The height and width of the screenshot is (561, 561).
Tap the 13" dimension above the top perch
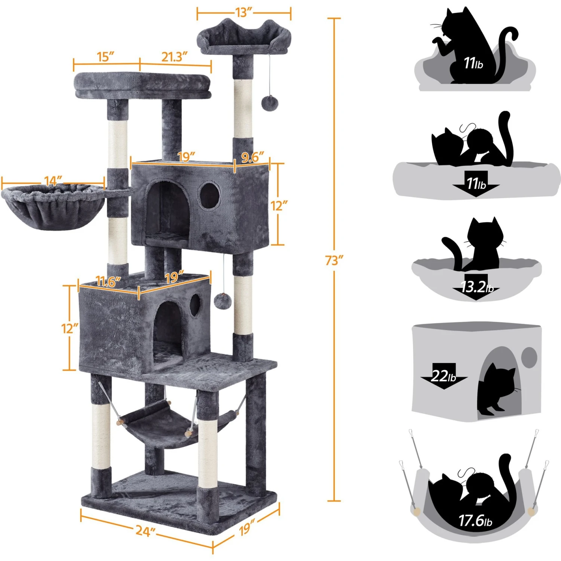243,12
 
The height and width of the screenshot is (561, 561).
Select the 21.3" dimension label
174,57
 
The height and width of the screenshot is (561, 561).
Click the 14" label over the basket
53,181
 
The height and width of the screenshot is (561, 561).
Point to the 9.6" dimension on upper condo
252,157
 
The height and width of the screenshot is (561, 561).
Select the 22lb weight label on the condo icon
443,375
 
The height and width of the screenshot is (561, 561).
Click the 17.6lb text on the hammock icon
475,520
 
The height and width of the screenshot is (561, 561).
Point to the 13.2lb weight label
477,287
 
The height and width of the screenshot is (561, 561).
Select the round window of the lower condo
195,305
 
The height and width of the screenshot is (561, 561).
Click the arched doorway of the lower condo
167,333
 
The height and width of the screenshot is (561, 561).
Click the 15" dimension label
106,57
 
